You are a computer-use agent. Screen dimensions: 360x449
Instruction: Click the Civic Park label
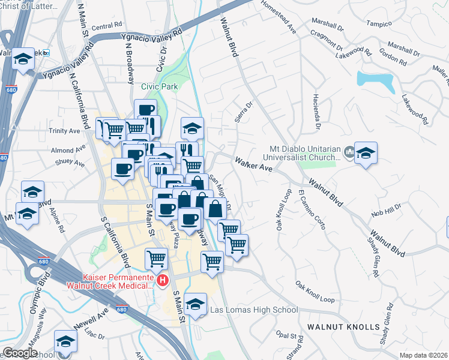click(x=159, y=86)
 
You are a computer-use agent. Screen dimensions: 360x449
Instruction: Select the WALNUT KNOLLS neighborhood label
click(x=343, y=327)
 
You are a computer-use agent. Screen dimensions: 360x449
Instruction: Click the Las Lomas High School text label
click(x=253, y=310)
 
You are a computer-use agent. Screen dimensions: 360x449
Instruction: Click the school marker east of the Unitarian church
click(x=365, y=154)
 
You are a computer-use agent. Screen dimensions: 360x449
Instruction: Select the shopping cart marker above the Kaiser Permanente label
click(x=157, y=259)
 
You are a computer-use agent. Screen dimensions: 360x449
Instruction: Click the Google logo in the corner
click(x=20, y=353)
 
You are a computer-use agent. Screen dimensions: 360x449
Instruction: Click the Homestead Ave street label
click(x=280, y=18)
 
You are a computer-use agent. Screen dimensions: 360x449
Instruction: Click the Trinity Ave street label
click(x=65, y=131)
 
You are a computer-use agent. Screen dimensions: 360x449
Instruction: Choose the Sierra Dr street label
click(x=244, y=112)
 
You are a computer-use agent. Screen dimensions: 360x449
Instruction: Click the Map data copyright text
click(x=423, y=355)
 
